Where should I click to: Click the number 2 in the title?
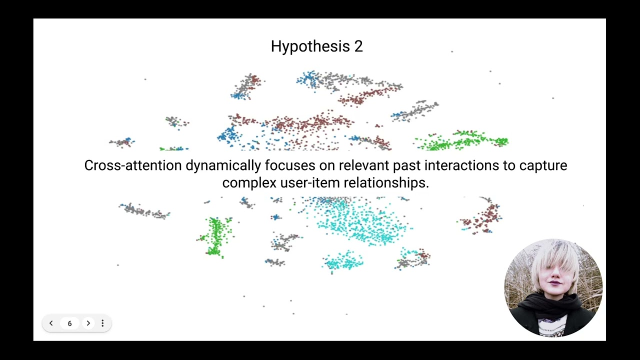tap(358, 46)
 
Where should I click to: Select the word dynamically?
tap(223, 165)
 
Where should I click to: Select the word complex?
tap(249, 183)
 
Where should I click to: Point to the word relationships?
tap(386, 183)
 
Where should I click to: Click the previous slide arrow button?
tap(51, 323)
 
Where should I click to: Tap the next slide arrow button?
tap(88, 323)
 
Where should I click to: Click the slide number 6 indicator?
tap(69, 323)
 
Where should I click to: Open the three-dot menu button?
tap(102, 323)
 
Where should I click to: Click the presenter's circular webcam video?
tap(553, 287)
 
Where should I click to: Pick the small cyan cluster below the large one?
tap(344, 261)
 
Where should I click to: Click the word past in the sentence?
tap(407, 165)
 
